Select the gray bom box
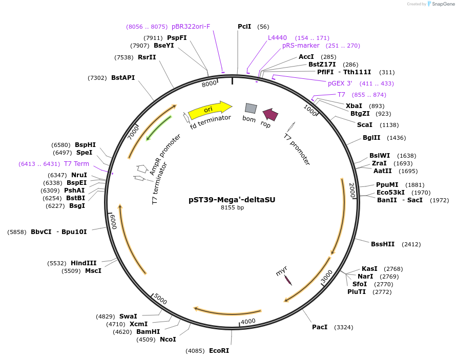251,108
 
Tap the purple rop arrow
271,115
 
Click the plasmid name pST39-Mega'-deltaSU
232,200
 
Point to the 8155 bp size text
232,208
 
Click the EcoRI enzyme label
219,351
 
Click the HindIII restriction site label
84,263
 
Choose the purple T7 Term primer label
76,164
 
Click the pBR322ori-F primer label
191,27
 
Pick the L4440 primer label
277,38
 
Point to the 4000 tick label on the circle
248,321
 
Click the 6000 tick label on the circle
114,222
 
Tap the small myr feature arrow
288,280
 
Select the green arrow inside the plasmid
158,128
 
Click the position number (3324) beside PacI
343,327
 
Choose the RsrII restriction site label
147,57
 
